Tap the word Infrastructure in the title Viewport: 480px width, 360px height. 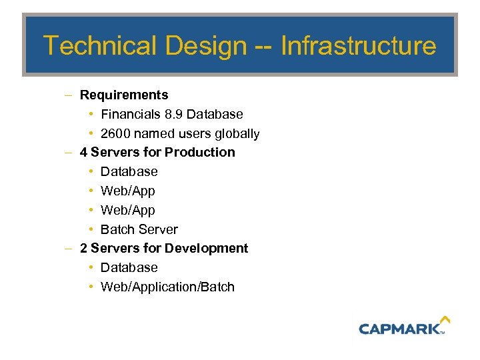(x=358, y=46)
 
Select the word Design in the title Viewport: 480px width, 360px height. (x=207, y=46)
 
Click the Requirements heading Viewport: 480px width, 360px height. (x=124, y=95)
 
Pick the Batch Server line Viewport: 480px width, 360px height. (x=139, y=229)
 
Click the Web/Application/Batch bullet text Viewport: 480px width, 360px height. (x=167, y=287)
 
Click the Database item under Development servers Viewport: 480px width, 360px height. (x=129, y=268)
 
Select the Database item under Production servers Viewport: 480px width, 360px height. (x=129, y=172)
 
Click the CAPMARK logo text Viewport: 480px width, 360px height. (x=399, y=328)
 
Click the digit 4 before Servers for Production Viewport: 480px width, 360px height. (x=83, y=153)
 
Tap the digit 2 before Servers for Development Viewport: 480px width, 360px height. (x=83, y=249)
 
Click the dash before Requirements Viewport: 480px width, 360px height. (x=69, y=95)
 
